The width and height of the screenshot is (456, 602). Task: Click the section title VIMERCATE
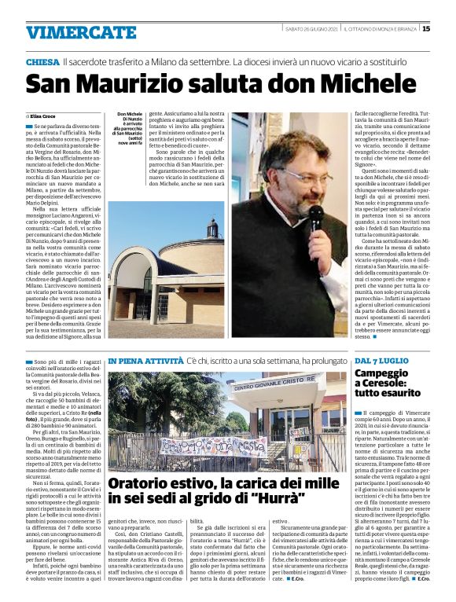70,32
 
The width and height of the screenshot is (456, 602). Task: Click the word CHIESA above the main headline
42,61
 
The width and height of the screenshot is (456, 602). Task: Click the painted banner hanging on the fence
209,444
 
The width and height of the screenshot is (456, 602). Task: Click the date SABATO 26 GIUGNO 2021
311,29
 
